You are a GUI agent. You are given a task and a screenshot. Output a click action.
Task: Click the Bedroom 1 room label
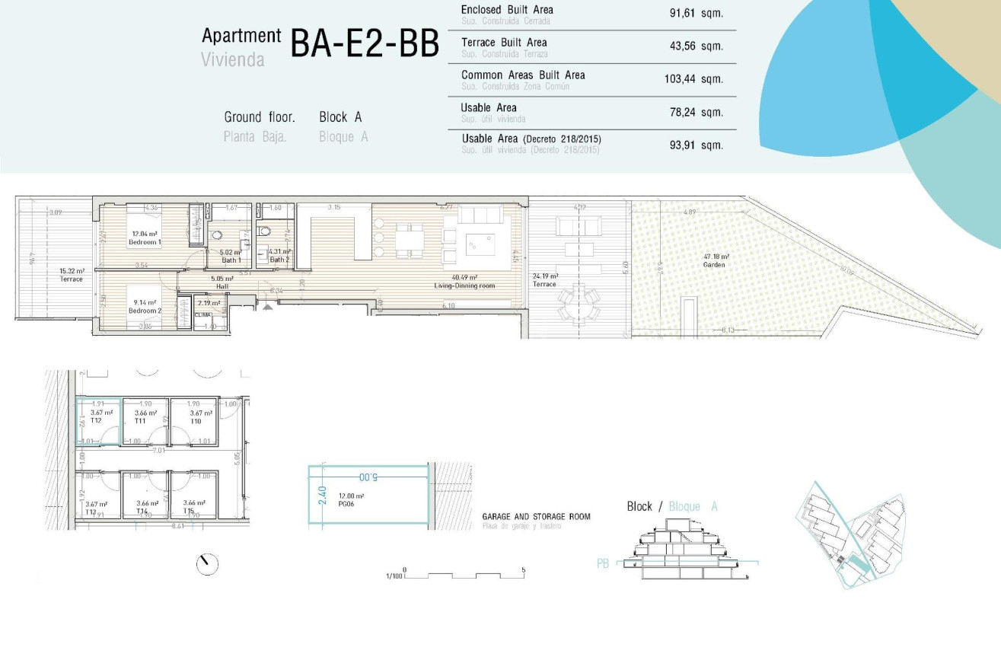click(x=145, y=242)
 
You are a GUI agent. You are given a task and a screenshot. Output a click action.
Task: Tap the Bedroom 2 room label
click(x=145, y=311)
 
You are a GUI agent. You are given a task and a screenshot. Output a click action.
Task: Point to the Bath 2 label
click(x=279, y=260)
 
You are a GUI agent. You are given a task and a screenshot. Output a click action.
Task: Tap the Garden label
click(x=715, y=265)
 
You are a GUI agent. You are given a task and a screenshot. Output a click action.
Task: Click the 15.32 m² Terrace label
click(x=72, y=279)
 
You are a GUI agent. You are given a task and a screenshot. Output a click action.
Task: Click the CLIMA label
click(x=203, y=314)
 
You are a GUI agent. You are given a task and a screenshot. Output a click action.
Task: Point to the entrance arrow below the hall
click(x=266, y=306)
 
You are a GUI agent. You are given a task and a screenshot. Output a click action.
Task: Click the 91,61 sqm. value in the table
click(x=696, y=13)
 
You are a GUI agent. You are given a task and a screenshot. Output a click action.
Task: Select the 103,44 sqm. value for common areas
click(x=693, y=79)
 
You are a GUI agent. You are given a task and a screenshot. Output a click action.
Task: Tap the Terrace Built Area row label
click(x=504, y=43)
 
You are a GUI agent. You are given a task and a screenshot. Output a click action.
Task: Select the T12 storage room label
click(x=96, y=420)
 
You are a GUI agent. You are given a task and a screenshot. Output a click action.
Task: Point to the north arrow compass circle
click(x=207, y=564)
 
